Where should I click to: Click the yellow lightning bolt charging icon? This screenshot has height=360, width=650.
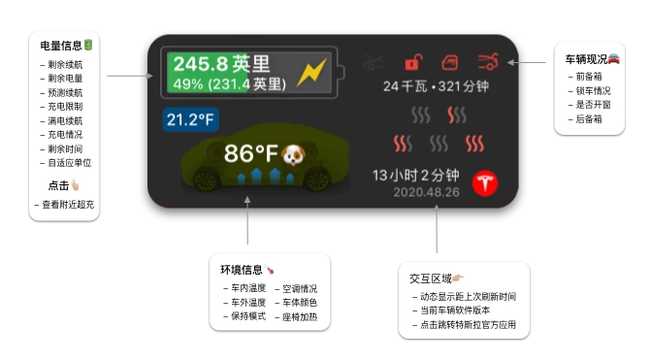pyautogui.click(x=314, y=74)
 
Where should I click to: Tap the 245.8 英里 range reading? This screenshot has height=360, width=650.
pyautogui.click(x=222, y=64)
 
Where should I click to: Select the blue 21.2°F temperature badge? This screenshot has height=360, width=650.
pyautogui.click(x=190, y=120)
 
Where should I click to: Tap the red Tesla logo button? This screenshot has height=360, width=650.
pyautogui.click(x=484, y=184)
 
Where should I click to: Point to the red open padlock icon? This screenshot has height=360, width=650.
pyautogui.click(x=413, y=63)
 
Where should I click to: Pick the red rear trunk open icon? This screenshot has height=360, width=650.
pyautogui.click(x=489, y=63)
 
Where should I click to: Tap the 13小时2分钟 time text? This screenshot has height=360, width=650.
pyautogui.click(x=416, y=176)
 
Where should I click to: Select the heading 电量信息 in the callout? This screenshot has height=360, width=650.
pyautogui.click(x=61, y=45)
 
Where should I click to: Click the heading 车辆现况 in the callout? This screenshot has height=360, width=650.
pyautogui.click(x=587, y=59)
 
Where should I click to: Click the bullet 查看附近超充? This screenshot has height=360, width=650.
pyautogui.click(x=64, y=205)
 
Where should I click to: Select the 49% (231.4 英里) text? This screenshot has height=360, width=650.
pyautogui.click(x=229, y=84)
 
